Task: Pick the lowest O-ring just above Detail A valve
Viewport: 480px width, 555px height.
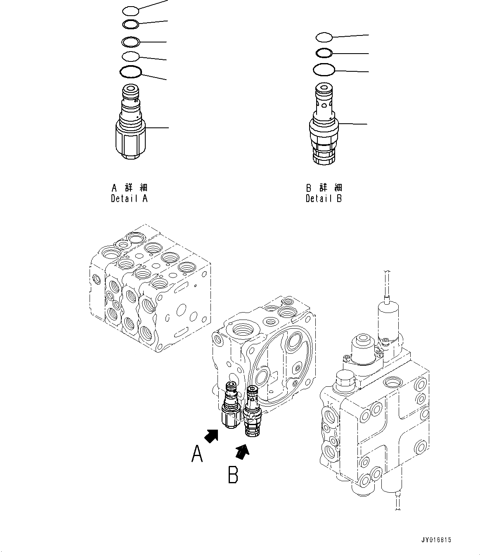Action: pyautogui.click(x=130, y=72)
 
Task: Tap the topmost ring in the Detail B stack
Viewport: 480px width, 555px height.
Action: pyautogui.click(x=324, y=38)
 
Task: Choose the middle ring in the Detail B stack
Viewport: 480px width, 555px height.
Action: pyautogui.click(x=324, y=53)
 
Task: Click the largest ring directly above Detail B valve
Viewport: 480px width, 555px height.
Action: pyautogui.click(x=324, y=70)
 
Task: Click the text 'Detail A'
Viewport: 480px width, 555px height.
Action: pyautogui.click(x=129, y=199)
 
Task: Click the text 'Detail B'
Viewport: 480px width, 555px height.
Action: pyautogui.click(x=324, y=199)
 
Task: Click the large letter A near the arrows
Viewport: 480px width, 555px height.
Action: pyautogui.click(x=197, y=455)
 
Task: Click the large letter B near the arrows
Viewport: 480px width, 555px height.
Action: pyautogui.click(x=233, y=474)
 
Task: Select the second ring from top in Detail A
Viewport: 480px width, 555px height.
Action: pyautogui.click(x=131, y=24)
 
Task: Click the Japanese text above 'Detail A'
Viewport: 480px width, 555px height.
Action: pyautogui.click(x=129, y=188)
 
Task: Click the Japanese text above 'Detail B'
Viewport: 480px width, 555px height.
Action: pyautogui.click(x=324, y=188)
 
